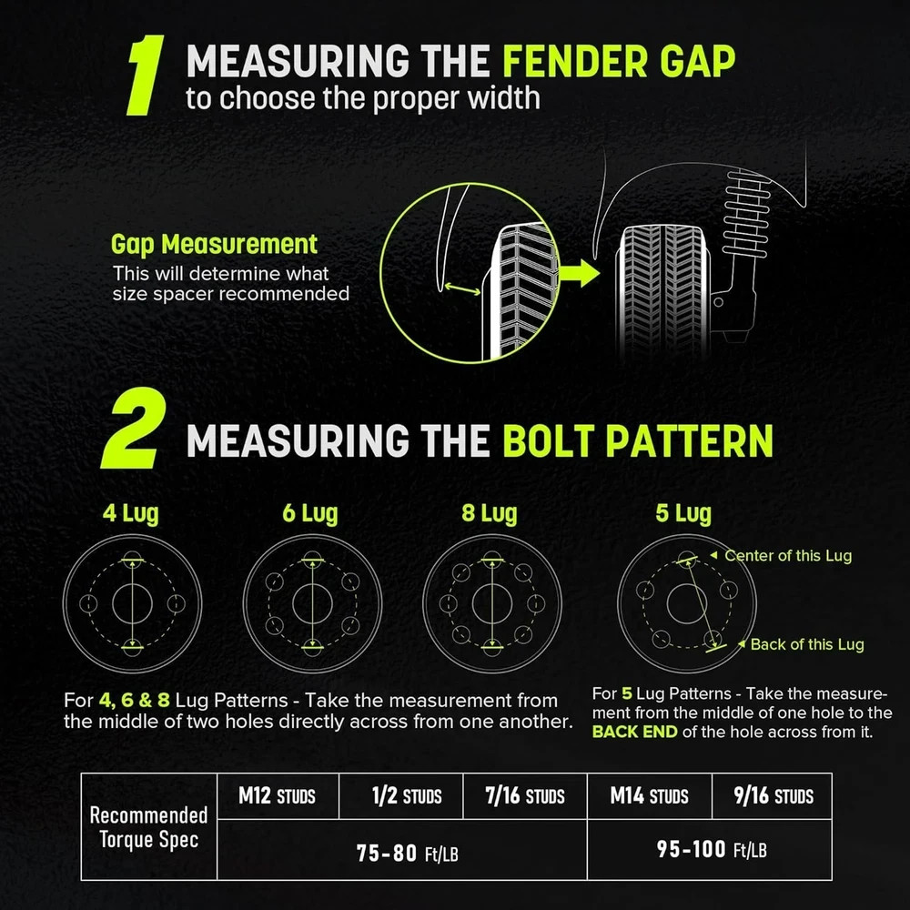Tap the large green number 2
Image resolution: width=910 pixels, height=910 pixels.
(134, 429)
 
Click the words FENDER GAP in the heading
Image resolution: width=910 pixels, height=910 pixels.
(619, 61)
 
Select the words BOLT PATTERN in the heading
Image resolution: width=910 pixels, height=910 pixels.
(638, 441)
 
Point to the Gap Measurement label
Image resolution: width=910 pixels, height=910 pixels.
(214, 244)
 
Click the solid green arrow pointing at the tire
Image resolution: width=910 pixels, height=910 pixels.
(580, 273)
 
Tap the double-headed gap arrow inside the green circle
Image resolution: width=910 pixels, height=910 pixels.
(462, 288)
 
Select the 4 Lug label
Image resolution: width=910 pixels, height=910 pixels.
(130, 513)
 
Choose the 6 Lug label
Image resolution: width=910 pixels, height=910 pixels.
(310, 513)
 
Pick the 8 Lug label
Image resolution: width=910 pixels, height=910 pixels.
(490, 513)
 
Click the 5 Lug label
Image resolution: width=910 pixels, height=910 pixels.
(683, 513)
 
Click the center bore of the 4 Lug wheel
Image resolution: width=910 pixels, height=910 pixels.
(132, 603)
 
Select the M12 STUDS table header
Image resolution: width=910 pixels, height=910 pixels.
(277, 795)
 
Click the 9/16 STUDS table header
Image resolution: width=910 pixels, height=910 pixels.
(773, 795)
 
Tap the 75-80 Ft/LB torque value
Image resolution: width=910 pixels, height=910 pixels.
(408, 854)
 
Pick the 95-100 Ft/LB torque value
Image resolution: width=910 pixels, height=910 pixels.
(712, 850)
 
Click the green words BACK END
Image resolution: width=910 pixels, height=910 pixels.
(635, 732)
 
